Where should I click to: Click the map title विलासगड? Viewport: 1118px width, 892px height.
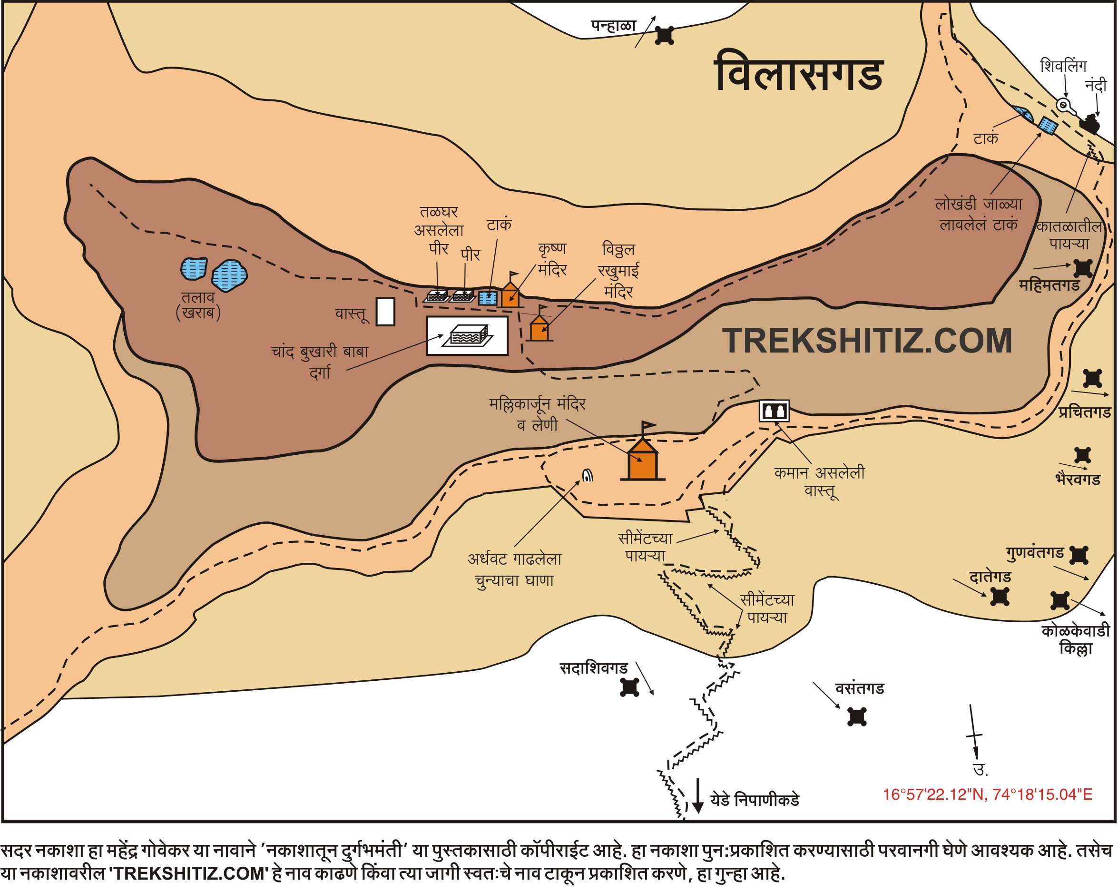(x=799, y=73)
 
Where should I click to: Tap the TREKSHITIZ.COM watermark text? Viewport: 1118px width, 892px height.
(x=866, y=341)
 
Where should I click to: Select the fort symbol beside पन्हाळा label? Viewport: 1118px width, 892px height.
(x=664, y=35)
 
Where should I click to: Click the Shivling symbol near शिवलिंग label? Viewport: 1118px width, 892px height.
(x=1065, y=106)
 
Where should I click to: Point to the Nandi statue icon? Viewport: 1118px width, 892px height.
(x=1089, y=124)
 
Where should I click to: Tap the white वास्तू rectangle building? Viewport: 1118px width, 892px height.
(x=385, y=312)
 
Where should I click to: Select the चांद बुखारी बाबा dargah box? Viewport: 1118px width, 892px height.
(x=467, y=335)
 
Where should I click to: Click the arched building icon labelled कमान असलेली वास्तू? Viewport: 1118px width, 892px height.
(x=774, y=411)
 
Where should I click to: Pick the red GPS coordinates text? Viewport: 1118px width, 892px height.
(x=987, y=794)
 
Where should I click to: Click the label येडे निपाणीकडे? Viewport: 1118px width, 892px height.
(x=755, y=800)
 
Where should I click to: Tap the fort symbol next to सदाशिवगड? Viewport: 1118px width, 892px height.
(x=629, y=687)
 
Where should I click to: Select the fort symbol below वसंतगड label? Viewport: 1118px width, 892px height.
(x=857, y=717)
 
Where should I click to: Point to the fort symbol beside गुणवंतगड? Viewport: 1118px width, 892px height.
(x=1079, y=555)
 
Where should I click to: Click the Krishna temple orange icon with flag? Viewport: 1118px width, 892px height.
(x=511, y=294)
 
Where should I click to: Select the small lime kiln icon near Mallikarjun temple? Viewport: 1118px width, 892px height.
(x=588, y=475)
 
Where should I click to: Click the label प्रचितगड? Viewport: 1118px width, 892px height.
(x=1085, y=412)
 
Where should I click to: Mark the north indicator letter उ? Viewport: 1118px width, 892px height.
(x=979, y=770)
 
